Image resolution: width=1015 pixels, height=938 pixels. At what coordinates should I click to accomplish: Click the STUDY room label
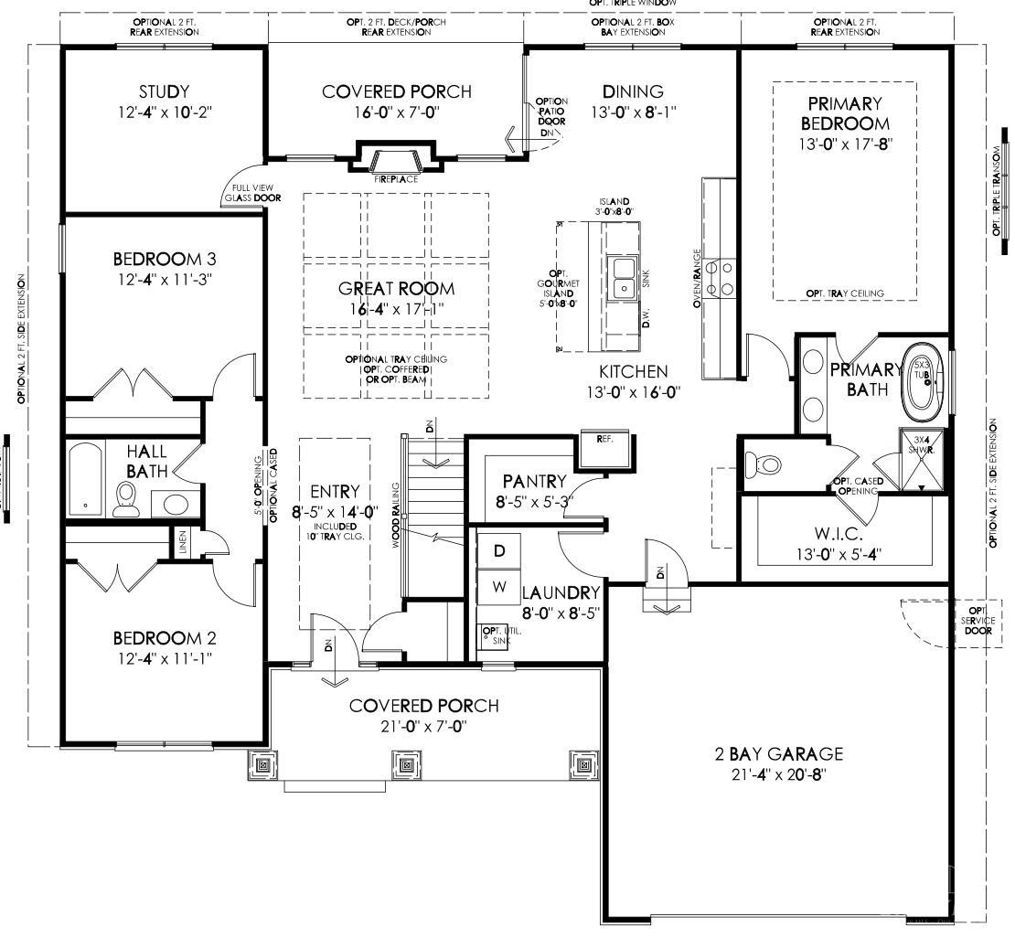tap(165, 91)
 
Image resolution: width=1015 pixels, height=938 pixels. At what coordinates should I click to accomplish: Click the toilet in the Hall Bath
tap(126, 497)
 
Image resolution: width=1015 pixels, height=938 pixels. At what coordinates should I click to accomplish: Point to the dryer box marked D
tap(499, 551)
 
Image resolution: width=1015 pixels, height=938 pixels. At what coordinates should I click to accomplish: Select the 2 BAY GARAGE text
tap(778, 754)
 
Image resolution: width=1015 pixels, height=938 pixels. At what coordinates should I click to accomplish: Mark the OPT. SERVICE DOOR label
tap(978, 620)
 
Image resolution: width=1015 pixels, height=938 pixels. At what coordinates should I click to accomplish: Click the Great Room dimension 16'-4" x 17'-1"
tap(396, 309)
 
